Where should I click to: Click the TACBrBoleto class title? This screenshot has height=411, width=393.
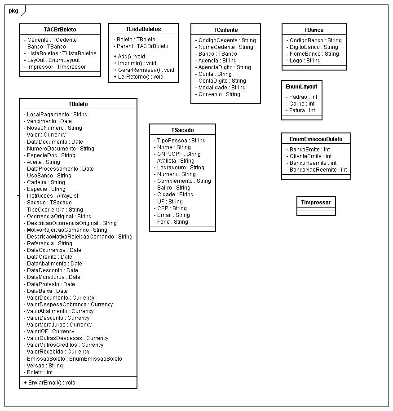[x=60, y=29]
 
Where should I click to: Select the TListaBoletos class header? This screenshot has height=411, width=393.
[x=143, y=29]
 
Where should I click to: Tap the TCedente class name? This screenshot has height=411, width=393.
[x=225, y=30]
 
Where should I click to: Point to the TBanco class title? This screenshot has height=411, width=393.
[x=314, y=30]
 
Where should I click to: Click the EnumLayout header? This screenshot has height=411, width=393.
[x=301, y=86]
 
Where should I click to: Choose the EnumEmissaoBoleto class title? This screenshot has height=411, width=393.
[x=316, y=139]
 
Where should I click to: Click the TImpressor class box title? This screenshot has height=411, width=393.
[x=316, y=202]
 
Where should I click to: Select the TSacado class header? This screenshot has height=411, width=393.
[x=182, y=130]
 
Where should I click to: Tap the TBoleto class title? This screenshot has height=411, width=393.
[x=78, y=104]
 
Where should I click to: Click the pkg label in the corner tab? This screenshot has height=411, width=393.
[x=13, y=10]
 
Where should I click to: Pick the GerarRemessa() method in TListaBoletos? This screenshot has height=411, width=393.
[x=144, y=70]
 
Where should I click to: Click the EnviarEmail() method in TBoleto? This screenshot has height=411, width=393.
[x=50, y=382]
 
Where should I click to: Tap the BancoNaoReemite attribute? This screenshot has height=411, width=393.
[x=316, y=170]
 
